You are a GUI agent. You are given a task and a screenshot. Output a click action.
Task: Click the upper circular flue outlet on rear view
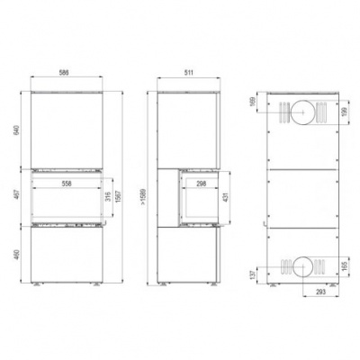coord(305,113)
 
